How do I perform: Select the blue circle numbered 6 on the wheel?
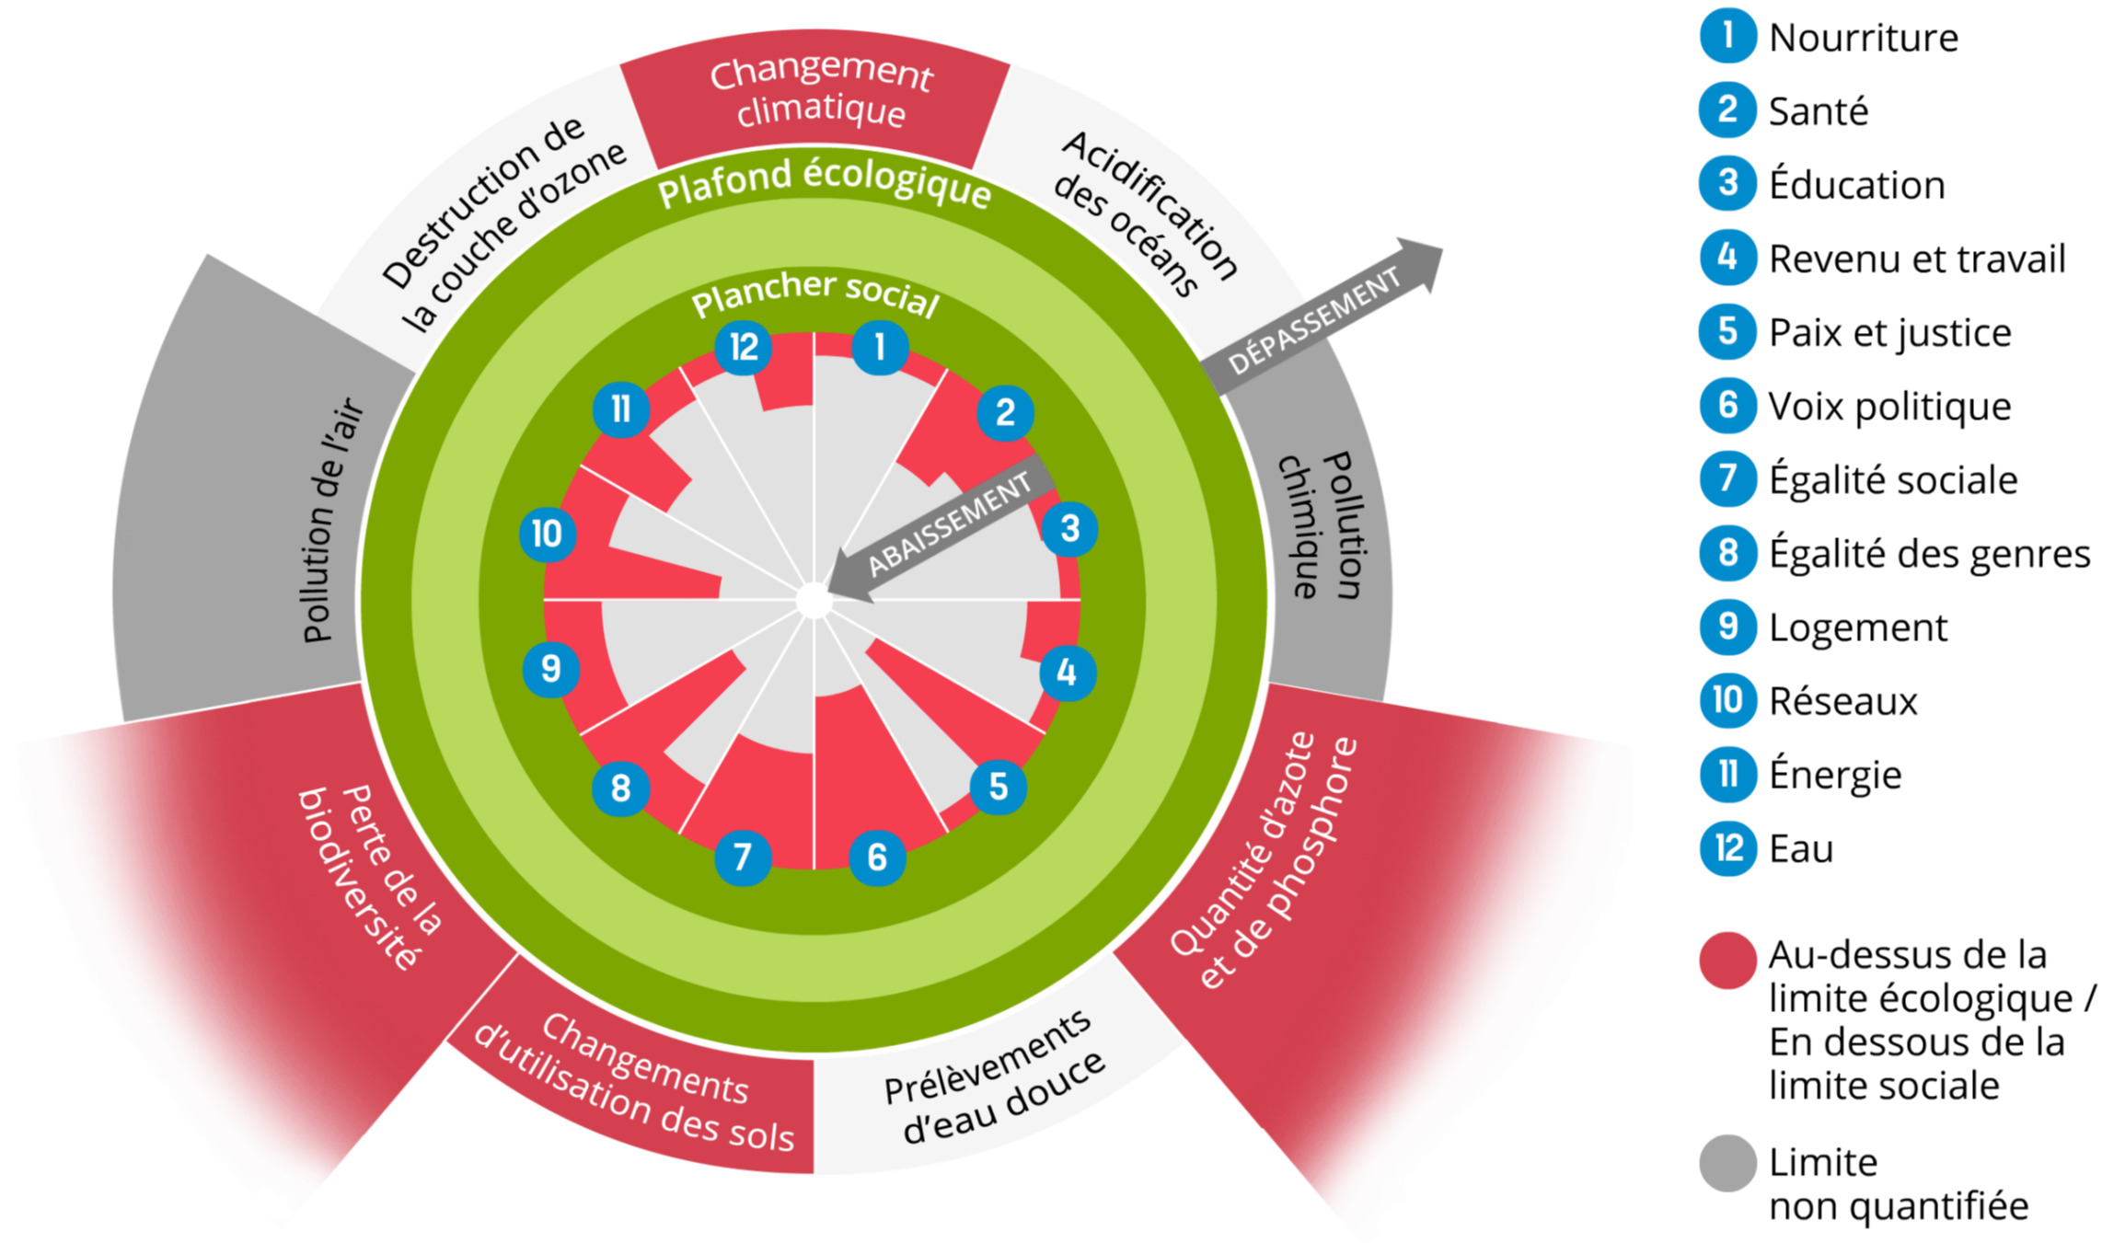pos(876,857)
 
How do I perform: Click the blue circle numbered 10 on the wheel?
pos(548,534)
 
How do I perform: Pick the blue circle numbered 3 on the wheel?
pos(1068,529)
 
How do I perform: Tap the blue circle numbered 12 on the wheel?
pos(743,348)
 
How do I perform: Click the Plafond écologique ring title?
pos(824,183)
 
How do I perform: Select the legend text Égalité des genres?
pos(1928,554)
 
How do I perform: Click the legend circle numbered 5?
pos(1727,332)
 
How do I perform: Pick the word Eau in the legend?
pos(1800,848)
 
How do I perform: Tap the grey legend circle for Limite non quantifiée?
pos(1727,1163)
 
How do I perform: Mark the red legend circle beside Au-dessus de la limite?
pos(1727,960)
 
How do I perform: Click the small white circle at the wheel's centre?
pos(814,601)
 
